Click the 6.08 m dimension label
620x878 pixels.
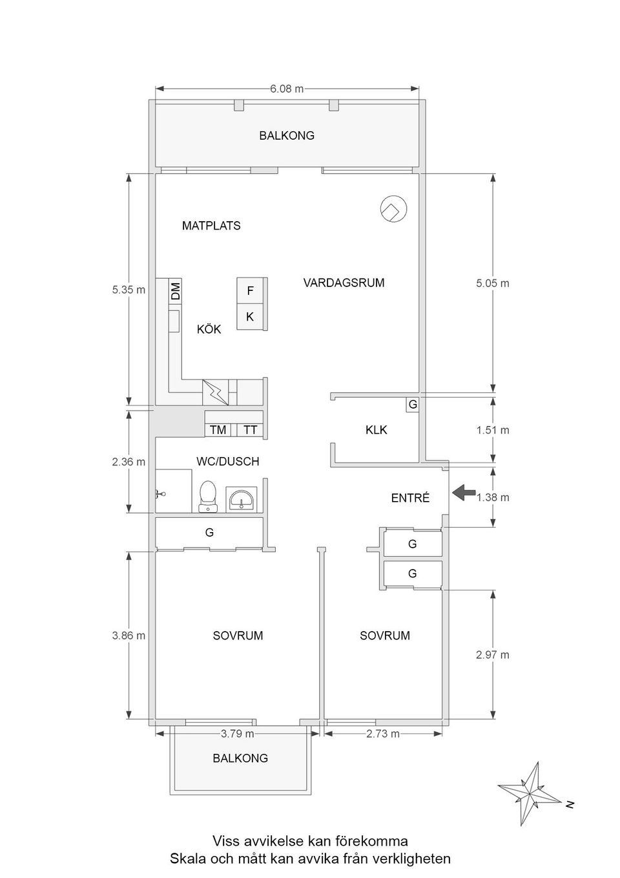[x=287, y=89]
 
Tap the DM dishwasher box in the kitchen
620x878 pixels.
[x=176, y=291]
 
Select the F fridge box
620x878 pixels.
[x=250, y=290]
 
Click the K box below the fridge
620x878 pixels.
[x=250, y=316]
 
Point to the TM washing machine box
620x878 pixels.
[x=218, y=430]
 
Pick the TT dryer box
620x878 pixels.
[x=250, y=430]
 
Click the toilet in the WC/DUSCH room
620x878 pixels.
[x=208, y=497]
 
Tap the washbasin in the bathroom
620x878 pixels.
[x=242, y=499]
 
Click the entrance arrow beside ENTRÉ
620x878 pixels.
[x=464, y=492]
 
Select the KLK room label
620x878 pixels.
[x=376, y=430]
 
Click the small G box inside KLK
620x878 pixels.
[x=413, y=404]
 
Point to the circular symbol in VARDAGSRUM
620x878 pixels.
[x=394, y=209]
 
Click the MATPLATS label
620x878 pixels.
[x=211, y=226]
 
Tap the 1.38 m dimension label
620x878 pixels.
[x=492, y=497]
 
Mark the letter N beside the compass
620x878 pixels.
[x=570, y=805]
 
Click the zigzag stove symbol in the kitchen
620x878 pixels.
[x=215, y=392]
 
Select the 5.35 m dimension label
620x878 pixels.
[x=129, y=290]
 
